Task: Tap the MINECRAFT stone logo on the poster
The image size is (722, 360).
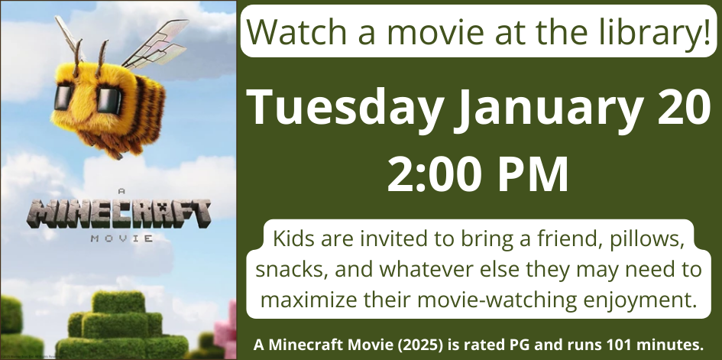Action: (x=118, y=215)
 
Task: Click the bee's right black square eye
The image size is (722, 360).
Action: (x=108, y=101)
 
